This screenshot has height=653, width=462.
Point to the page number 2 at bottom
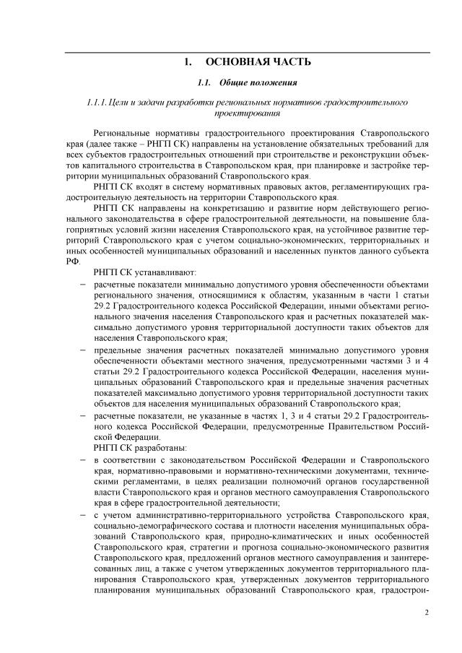[x=427, y=613]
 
